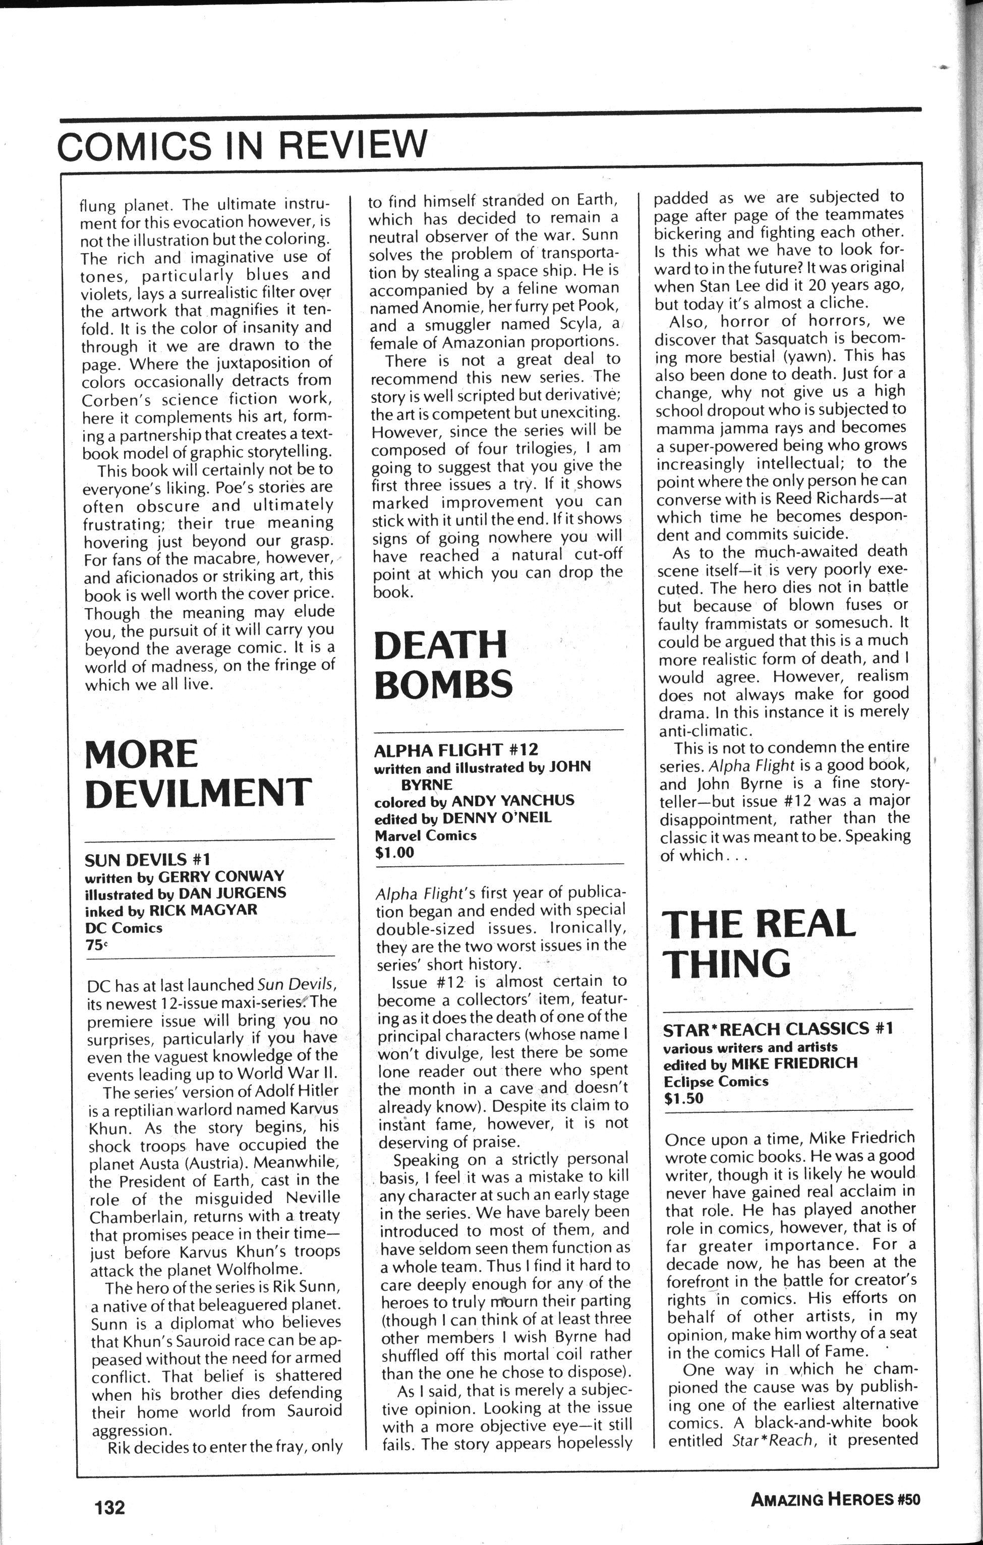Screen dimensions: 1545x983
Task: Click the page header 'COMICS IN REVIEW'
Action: (x=242, y=145)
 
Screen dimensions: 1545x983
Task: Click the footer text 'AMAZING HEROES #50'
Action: (x=835, y=1500)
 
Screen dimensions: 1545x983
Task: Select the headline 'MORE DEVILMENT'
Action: (x=198, y=774)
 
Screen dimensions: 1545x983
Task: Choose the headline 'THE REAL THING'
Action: (x=759, y=943)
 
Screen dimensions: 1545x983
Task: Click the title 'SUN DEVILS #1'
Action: (x=148, y=859)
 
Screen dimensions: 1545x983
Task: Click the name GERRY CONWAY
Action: (x=221, y=876)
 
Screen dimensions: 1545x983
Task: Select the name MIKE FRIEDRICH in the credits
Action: (x=803, y=1063)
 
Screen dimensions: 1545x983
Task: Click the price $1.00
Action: (x=394, y=852)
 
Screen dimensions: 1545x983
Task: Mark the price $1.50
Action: (x=684, y=1098)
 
